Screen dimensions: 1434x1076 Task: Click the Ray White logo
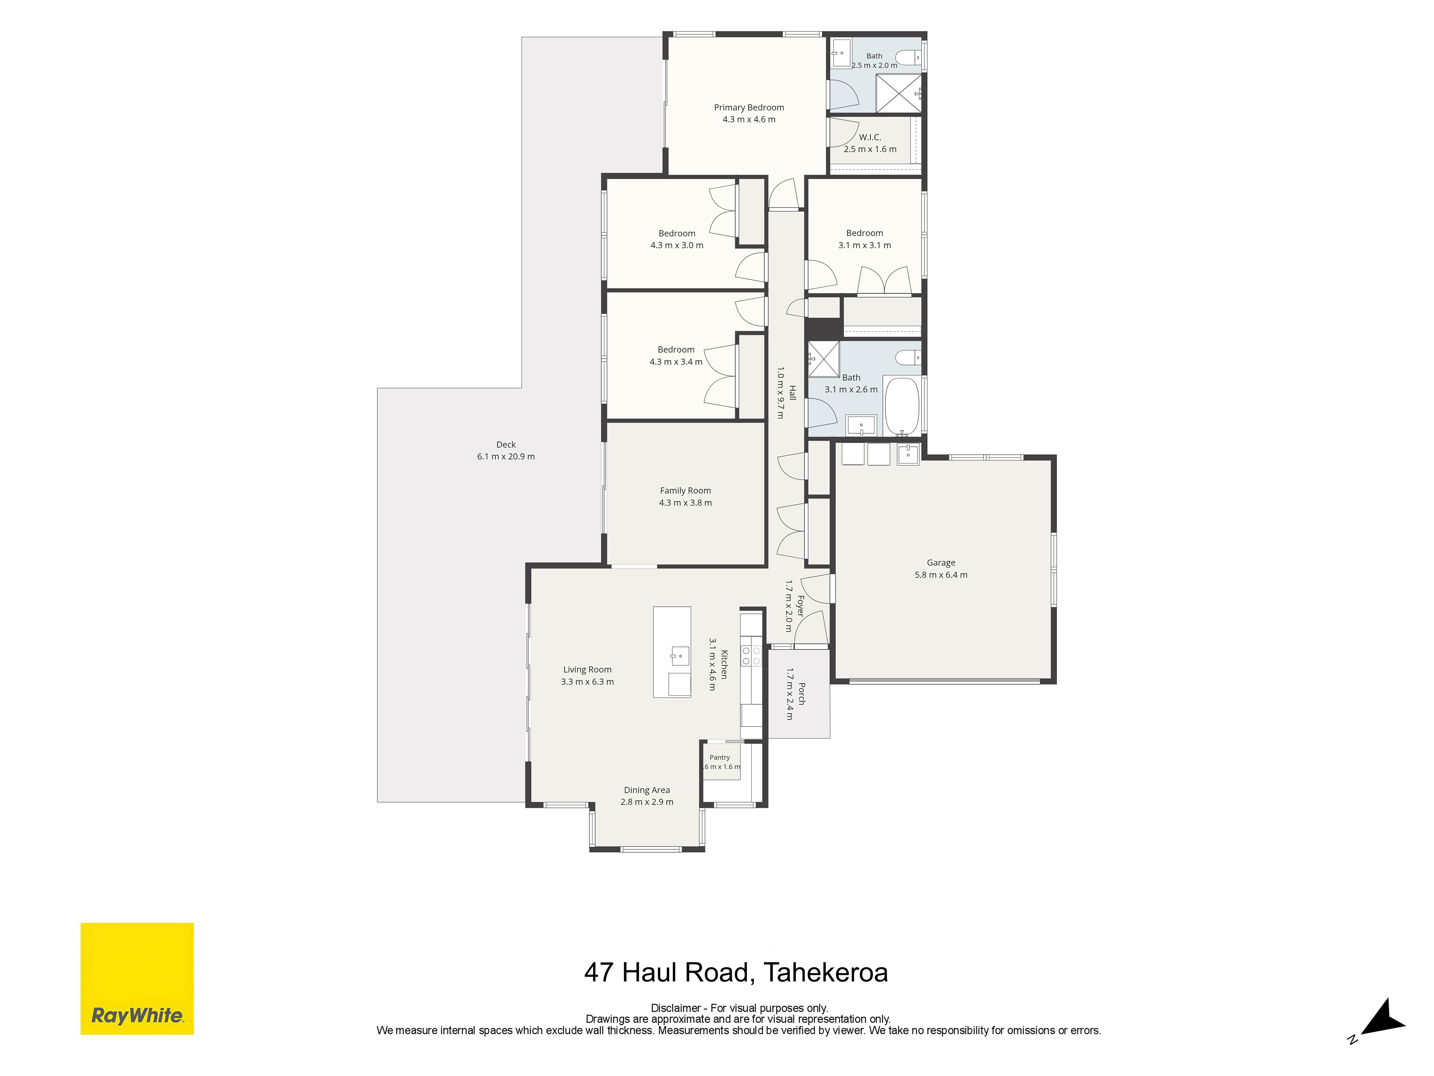[x=137, y=978]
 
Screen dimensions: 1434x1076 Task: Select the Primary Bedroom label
[x=749, y=108]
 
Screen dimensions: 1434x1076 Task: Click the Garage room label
[x=941, y=563]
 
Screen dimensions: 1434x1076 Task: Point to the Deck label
[x=506, y=445]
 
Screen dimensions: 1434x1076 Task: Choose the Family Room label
[x=685, y=491]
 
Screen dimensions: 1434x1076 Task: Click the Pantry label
[x=720, y=758]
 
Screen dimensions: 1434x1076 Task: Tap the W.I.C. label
[x=870, y=138]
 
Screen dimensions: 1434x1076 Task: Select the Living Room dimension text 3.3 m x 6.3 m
[x=587, y=682]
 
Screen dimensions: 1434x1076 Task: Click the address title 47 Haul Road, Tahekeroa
[x=736, y=972]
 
